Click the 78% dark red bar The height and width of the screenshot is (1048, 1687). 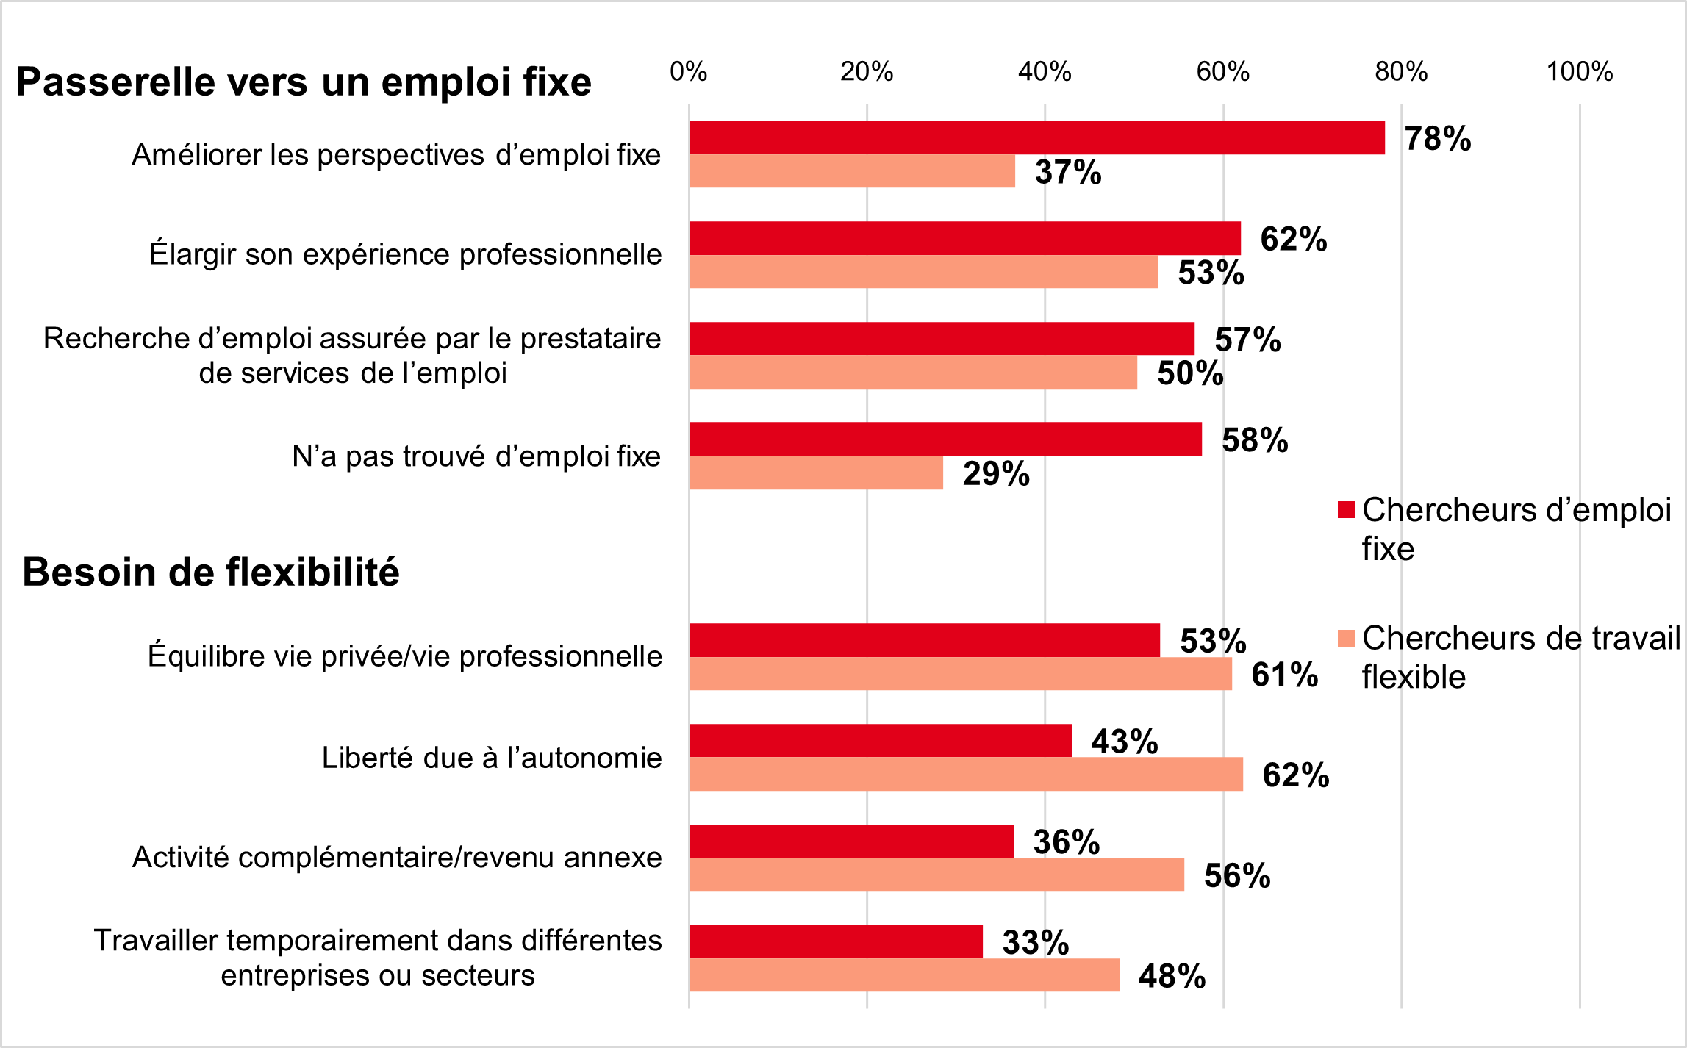(1036, 137)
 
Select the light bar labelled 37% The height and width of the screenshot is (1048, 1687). (852, 171)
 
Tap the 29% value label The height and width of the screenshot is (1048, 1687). (996, 474)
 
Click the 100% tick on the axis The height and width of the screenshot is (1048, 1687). (1579, 72)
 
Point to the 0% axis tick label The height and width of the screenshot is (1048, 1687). (689, 72)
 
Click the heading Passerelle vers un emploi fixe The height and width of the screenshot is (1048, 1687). (304, 82)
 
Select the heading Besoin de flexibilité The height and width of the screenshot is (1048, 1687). (211, 572)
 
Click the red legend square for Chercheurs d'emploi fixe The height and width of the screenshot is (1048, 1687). (1346, 510)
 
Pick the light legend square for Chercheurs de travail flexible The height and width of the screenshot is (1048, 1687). (1346, 638)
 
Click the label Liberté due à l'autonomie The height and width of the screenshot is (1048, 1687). (492, 758)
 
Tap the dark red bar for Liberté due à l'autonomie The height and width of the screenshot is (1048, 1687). (881, 740)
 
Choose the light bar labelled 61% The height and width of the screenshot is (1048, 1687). (961, 674)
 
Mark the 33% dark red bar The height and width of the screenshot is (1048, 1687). (836, 941)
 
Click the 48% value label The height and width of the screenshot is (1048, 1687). (1172, 977)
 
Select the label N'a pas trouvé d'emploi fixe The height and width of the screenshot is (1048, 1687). (476, 456)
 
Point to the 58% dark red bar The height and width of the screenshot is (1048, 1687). (945, 439)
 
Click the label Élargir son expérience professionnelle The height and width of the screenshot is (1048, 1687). (406, 254)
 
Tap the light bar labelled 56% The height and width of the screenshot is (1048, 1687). (936, 875)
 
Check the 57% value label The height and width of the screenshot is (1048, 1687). (1247, 340)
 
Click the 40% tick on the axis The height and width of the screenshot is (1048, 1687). (1045, 72)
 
